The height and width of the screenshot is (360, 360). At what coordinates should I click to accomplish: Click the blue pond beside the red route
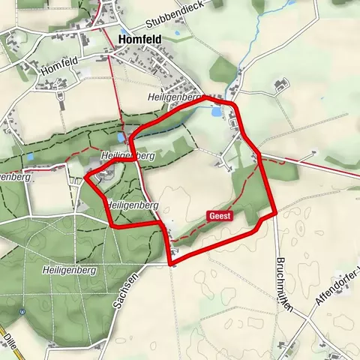click(216, 112)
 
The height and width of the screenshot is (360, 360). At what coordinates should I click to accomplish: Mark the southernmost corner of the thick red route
click(173, 263)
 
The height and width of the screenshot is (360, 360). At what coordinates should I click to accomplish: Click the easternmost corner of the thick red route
click(275, 212)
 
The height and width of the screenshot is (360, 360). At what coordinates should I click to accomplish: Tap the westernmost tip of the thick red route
click(85, 178)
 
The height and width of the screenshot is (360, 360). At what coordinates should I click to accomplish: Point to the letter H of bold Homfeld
click(123, 40)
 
